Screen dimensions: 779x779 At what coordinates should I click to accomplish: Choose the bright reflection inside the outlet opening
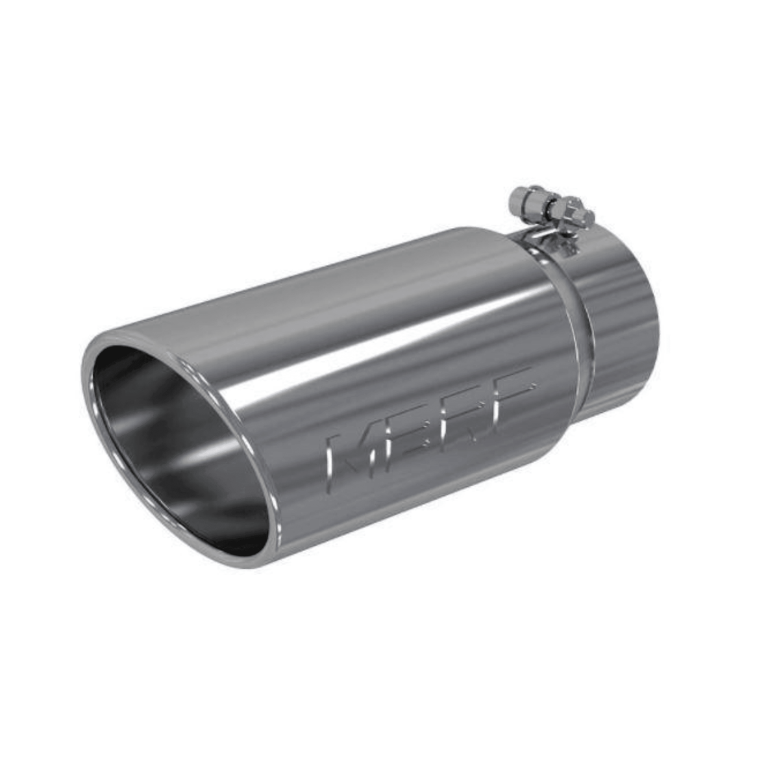pos(195,454)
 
